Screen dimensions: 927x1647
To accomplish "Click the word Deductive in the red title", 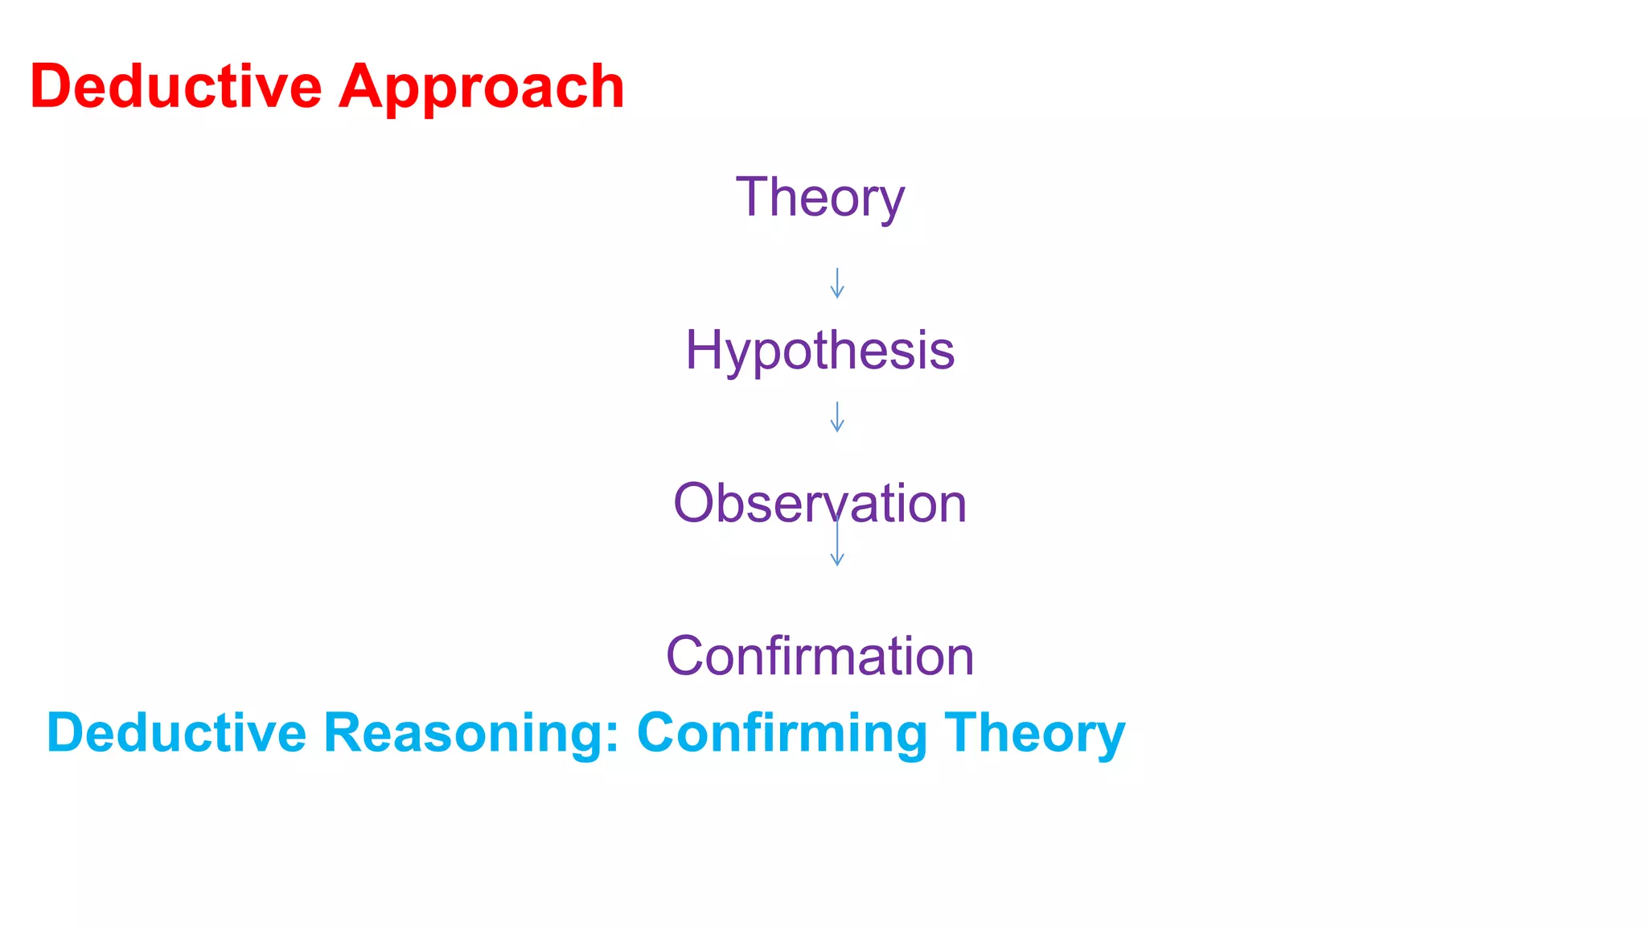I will point(175,87).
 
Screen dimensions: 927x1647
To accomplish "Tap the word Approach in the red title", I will point(481,87).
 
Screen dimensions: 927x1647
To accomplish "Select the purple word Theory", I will point(819,198).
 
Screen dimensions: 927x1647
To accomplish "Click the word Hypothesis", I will point(819,351).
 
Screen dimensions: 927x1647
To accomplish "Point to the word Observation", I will point(819,504).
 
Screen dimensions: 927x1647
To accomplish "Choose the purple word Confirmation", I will point(819,656).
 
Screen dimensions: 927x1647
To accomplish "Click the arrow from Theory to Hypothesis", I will point(837,283).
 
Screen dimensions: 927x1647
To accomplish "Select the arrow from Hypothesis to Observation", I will point(837,417).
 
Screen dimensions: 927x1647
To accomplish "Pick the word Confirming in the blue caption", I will point(782,733).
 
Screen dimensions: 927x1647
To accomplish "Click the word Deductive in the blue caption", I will point(177,733).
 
